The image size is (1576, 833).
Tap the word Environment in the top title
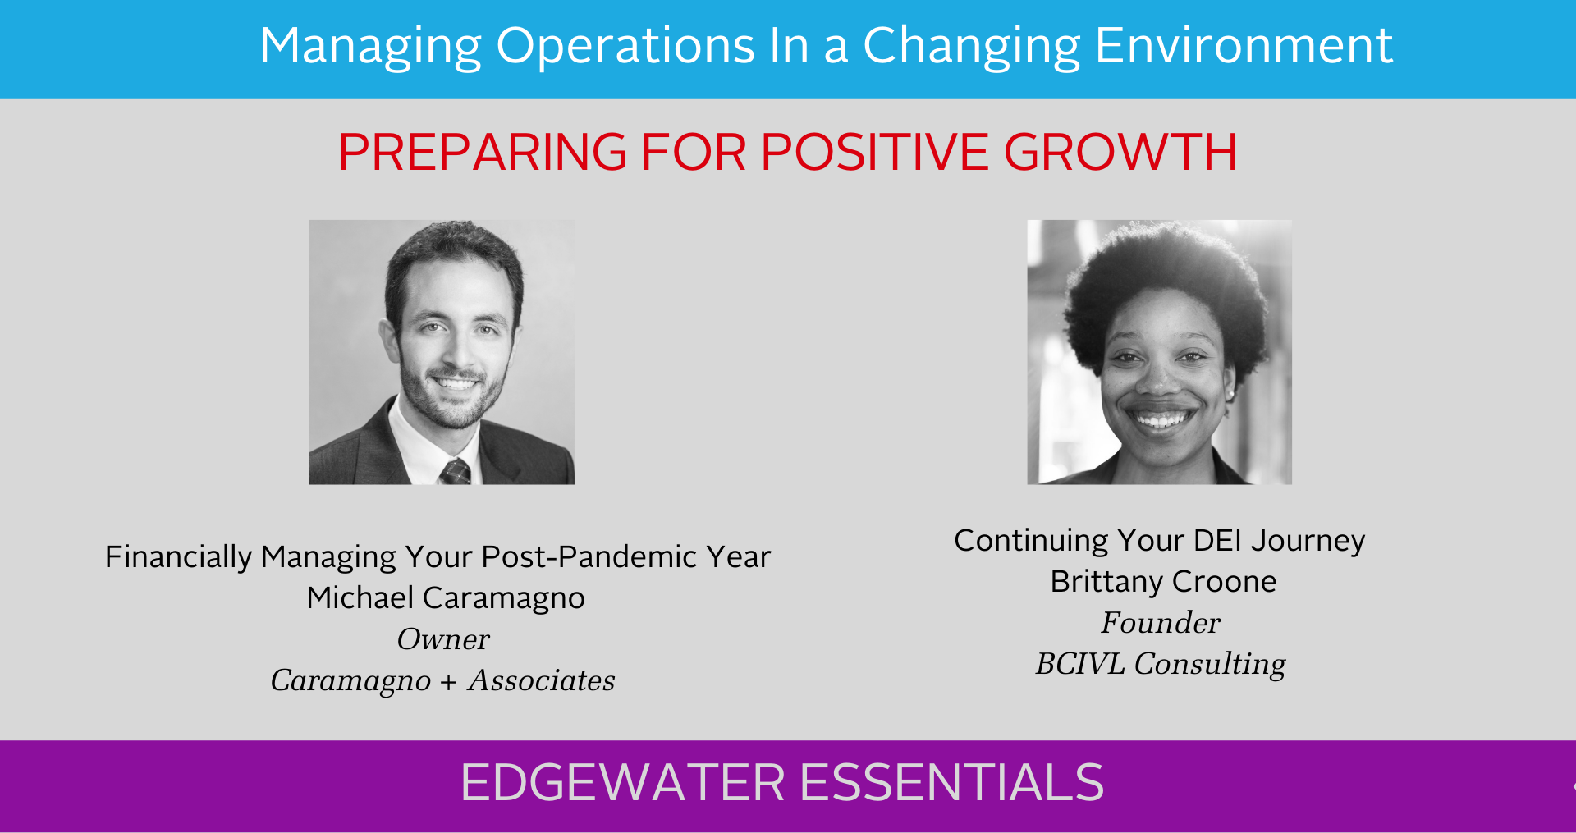point(1244,45)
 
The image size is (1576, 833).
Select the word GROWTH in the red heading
point(1120,152)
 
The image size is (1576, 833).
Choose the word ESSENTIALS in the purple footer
point(952,782)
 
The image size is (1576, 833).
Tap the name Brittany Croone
point(1163,582)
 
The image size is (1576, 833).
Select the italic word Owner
point(443,639)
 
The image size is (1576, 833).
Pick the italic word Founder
point(1161,623)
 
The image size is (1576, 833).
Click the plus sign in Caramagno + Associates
point(448,682)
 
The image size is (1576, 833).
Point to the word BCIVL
point(1080,664)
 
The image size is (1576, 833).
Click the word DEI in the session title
point(1217,541)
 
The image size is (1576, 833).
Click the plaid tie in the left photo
point(456,472)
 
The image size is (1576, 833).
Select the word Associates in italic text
point(542,680)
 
